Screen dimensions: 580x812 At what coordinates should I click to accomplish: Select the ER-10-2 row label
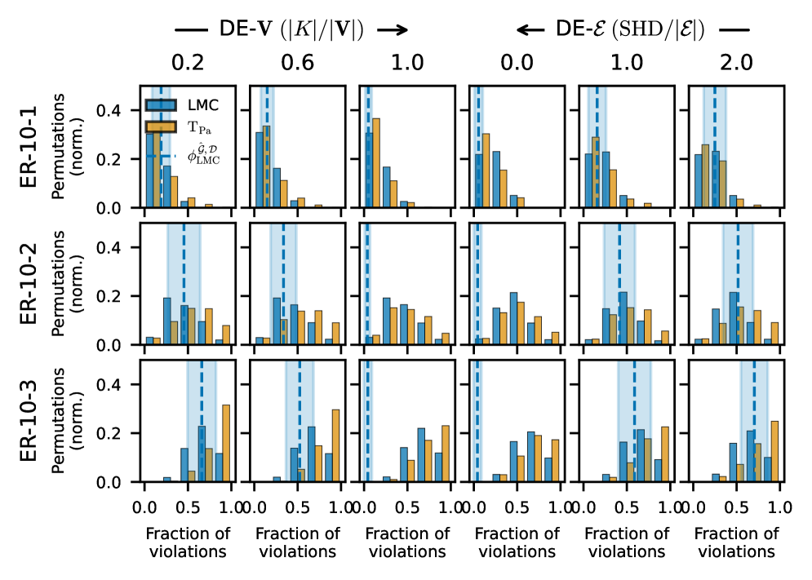tap(29, 283)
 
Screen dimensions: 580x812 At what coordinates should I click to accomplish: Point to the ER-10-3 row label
tap(29, 420)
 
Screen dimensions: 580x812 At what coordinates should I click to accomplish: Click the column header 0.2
tap(188, 64)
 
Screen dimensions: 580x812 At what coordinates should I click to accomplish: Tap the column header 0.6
tap(298, 64)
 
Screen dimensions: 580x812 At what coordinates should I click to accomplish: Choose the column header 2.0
tap(737, 64)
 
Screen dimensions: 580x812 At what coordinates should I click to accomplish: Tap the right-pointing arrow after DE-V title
tap(393, 30)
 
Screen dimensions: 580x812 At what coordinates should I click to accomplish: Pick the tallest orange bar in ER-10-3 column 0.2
tap(226, 443)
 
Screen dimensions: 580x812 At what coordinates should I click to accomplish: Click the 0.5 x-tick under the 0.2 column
tap(188, 507)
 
